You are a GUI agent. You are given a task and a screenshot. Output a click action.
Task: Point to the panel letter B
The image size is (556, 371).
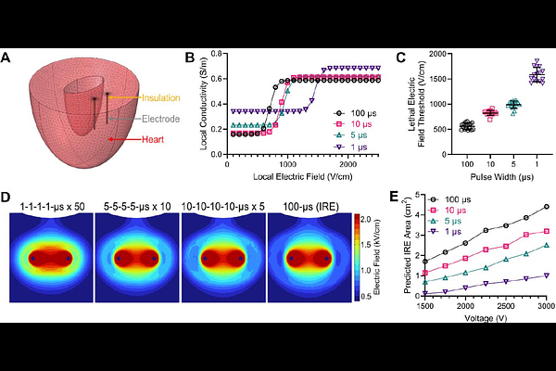point(190,58)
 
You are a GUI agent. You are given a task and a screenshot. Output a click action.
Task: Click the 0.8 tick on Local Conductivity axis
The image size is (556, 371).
point(218,55)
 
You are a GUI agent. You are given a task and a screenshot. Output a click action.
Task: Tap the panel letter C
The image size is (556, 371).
point(401,58)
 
